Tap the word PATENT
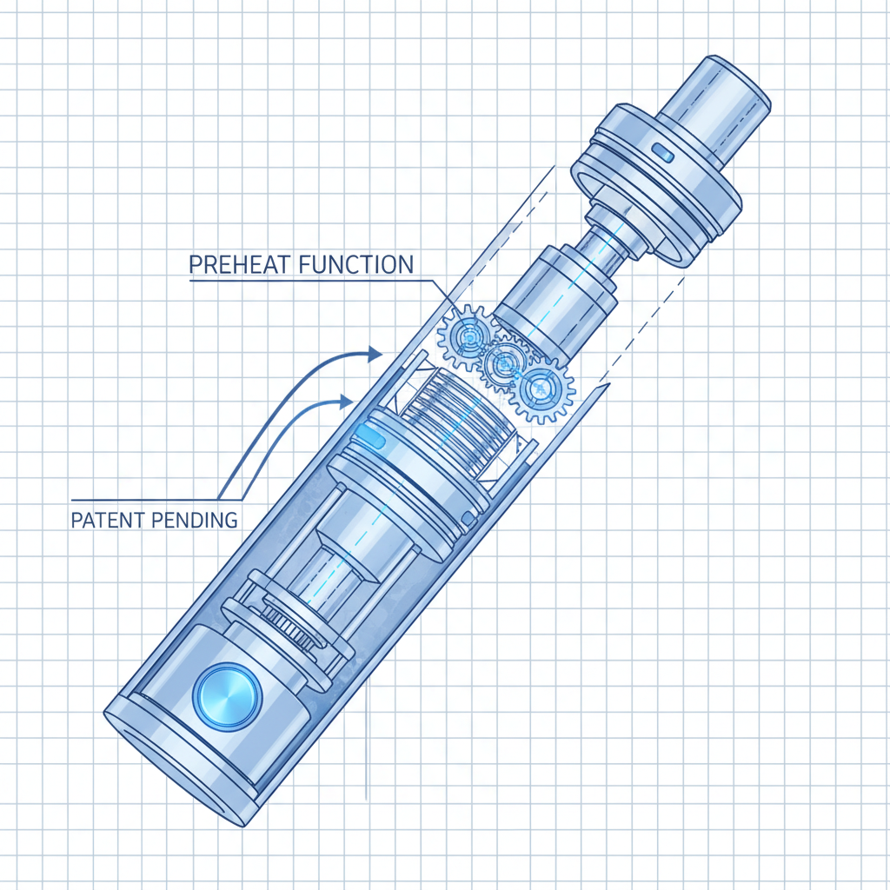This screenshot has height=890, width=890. coord(104,521)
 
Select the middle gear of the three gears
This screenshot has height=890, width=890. coord(504,365)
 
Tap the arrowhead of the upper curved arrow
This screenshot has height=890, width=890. coord(374,352)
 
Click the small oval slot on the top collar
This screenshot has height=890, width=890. coord(661,154)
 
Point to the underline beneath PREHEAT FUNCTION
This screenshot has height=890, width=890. coord(304,278)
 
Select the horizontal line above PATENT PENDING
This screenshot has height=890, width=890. coord(148,501)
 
